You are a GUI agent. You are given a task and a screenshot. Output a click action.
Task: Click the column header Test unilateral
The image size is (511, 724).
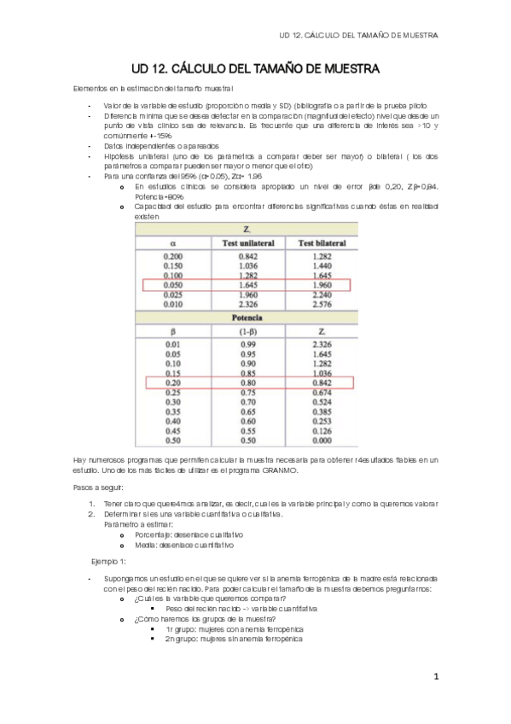(247, 242)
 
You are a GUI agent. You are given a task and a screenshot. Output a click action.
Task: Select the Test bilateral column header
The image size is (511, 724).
(320, 242)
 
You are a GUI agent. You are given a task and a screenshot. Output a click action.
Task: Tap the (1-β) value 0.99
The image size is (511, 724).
(247, 343)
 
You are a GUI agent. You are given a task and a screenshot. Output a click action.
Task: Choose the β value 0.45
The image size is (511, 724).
(174, 431)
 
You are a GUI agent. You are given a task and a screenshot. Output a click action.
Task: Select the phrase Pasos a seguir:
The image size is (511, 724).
(98, 487)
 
